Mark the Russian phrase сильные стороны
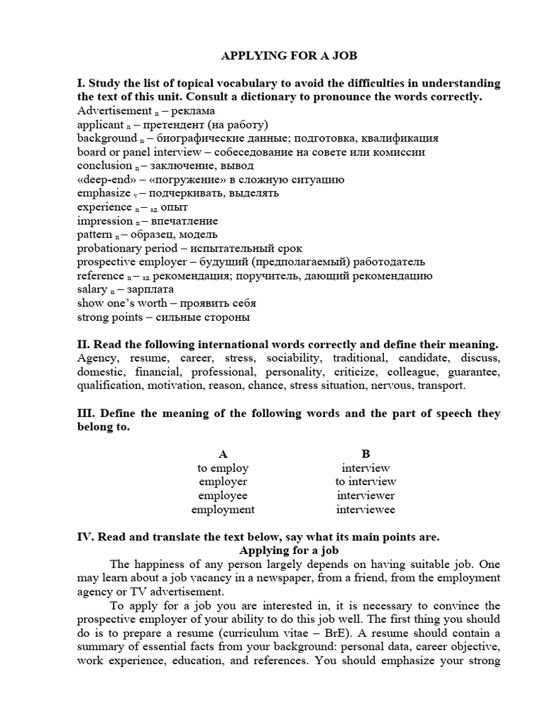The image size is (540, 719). pyautogui.click(x=212, y=317)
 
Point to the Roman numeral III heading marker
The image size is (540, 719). pyautogui.click(x=85, y=414)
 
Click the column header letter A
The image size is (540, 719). pyautogui.click(x=223, y=454)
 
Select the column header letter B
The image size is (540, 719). pyautogui.click(x=366, y=454)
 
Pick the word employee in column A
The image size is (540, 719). pyautogui.click(x=223, y=496)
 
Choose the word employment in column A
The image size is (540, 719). pyautogui.click(x=223, y=510)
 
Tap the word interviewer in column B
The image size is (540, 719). pyautogui.click(x=366, y=496)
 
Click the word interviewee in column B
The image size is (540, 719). pyautogui.click(x=366, y=510)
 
